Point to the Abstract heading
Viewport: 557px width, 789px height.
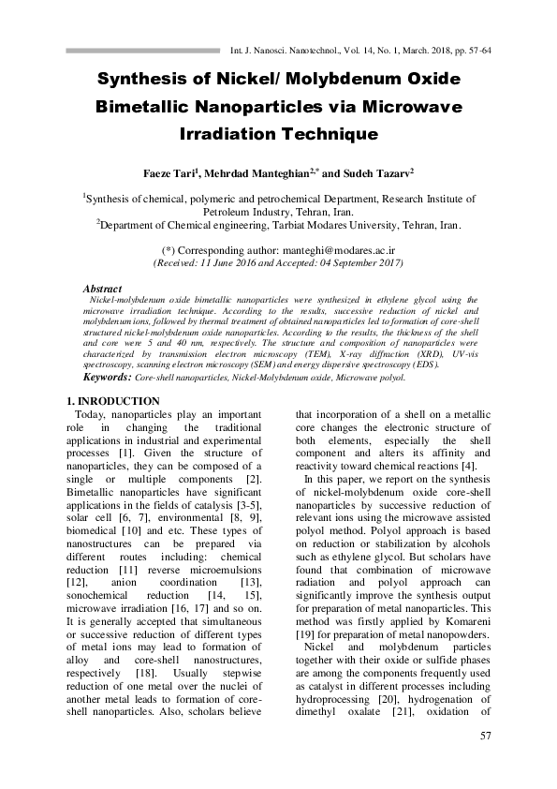point(102,290)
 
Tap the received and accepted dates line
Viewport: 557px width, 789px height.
point(277,263)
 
